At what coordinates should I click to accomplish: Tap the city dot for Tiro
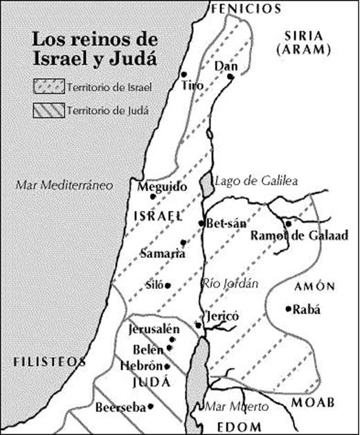click(x=183, y=74)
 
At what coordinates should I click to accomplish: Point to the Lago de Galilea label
click(x=255, y=181)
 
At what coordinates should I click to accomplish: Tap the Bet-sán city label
click(x=222, y=224)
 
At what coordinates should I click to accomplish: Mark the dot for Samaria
click(x=183, y=242)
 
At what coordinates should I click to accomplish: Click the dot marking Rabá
click(x=288, y=308)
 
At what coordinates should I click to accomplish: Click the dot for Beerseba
click(x=150, y=407)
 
